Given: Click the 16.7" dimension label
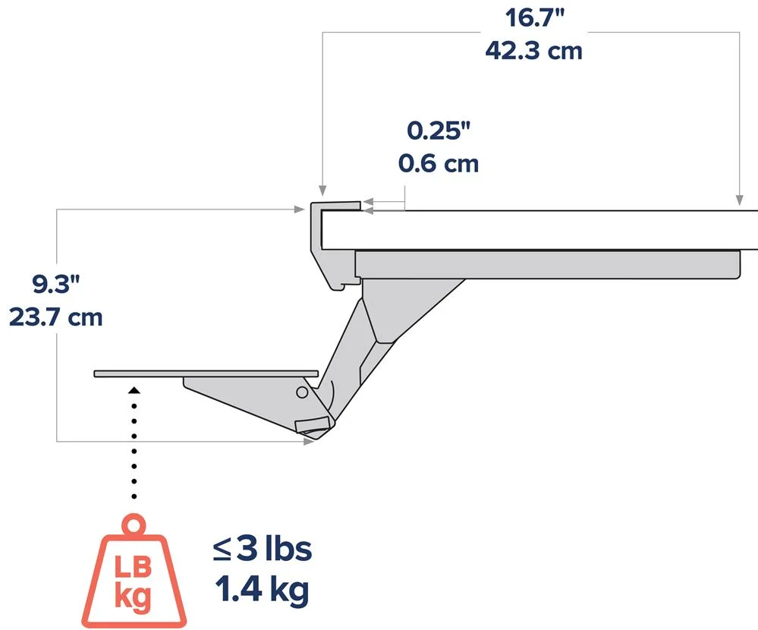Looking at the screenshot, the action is [x=535, y=17].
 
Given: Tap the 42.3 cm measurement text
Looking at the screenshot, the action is [x=533, y=51].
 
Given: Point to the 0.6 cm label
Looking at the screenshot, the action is [x=439, y=163].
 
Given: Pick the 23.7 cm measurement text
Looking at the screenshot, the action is [x=55, y=317].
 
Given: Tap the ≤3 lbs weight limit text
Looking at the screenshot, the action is [x=263, y=549].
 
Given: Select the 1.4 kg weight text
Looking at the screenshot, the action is [x=262, y=590].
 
